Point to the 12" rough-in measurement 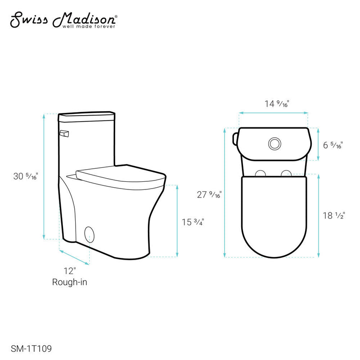(69, 271)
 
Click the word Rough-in (69, 282)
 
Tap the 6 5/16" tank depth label (333, 145)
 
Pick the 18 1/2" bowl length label (333, 216)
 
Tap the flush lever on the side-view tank (64, 134)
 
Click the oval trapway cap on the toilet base (90, 234)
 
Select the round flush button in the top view (274, 144)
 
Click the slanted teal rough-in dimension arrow (74, 257)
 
